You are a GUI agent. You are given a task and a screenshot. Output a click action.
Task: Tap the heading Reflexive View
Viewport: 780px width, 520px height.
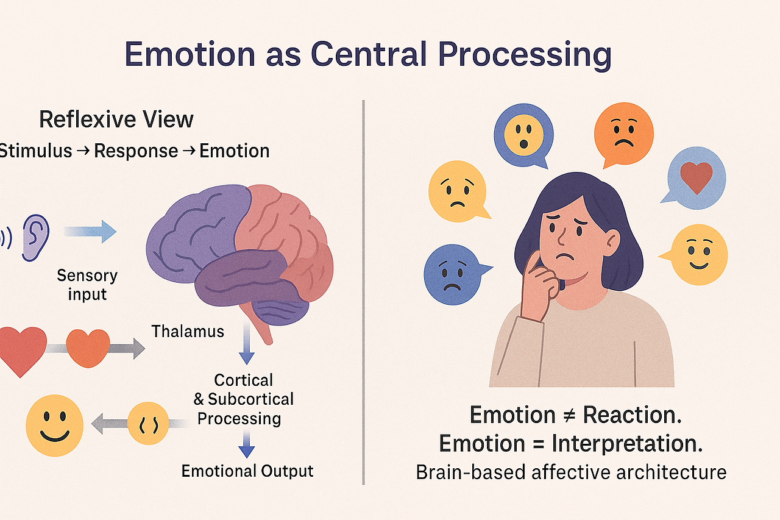[116, 119]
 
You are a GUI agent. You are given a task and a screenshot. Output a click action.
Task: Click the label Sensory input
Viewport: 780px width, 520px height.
[87, 285]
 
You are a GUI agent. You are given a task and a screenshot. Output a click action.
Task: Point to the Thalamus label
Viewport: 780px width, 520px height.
[188, 332]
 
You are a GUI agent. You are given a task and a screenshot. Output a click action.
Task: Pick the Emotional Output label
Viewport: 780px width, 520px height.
[247, 471]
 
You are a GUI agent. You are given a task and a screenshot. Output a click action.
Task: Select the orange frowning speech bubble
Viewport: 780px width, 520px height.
[623, 133]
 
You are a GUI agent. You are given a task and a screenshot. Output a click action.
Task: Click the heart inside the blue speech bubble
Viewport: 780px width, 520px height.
[696, 177]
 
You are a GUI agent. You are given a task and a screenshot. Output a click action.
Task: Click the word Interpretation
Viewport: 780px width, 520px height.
[627, 443]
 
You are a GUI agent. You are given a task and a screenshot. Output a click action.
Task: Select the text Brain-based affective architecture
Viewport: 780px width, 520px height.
[571, 472]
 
